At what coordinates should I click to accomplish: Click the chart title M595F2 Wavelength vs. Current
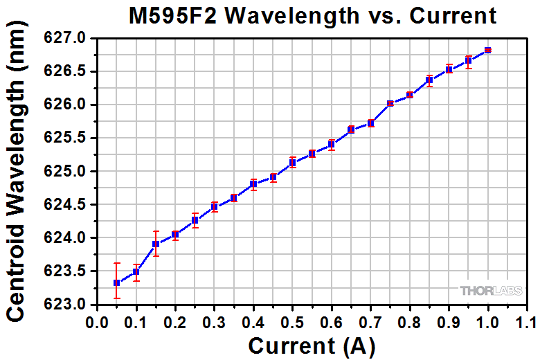(x=313, y=16)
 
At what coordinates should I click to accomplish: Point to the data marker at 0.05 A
(x=116, y=282)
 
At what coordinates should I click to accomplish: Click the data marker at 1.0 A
(x=488, y=50)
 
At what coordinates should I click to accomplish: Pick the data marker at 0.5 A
(x=293, y=162)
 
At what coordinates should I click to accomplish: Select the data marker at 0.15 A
(x=136, y=244)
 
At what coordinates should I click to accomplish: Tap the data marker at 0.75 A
(x=390, y=103)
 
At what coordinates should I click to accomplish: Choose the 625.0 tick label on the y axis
(x=66, y=172)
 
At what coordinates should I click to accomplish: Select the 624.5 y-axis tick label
(x=66, y=205)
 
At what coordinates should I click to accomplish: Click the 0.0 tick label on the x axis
(x=97, y=323)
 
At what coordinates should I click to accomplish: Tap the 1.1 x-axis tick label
(x=527, y=323)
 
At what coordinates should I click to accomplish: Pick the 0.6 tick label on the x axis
(x=332, y=323)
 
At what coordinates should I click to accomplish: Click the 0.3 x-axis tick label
(x=215, y=323)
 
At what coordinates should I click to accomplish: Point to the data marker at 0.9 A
(x=449, y=69)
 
